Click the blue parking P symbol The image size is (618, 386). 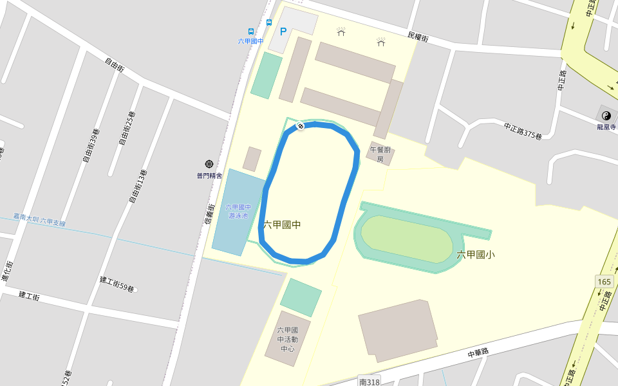click(x=283, y=31)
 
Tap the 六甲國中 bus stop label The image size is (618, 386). click(x=250, y=41)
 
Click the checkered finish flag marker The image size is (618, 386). click(x=300, y=126)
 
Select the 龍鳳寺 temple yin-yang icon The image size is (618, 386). click(x=606, y=116)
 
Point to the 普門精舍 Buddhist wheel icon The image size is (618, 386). click(x=209, y=165)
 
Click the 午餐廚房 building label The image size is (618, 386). click(x=380, y=154)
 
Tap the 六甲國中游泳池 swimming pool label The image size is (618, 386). click(x=238, y=212)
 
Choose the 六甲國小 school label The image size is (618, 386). click(x=476, y=255)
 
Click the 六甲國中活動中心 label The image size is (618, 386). click(x=287, y=339)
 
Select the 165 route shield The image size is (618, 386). click(x=604, y=282)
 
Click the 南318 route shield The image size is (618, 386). click(x=370, y=381)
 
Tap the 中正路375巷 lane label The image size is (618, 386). click(x=523, y=131)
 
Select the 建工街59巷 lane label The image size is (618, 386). click(x=117, y=284)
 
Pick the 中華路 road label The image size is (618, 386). click(x=478, y=351)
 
